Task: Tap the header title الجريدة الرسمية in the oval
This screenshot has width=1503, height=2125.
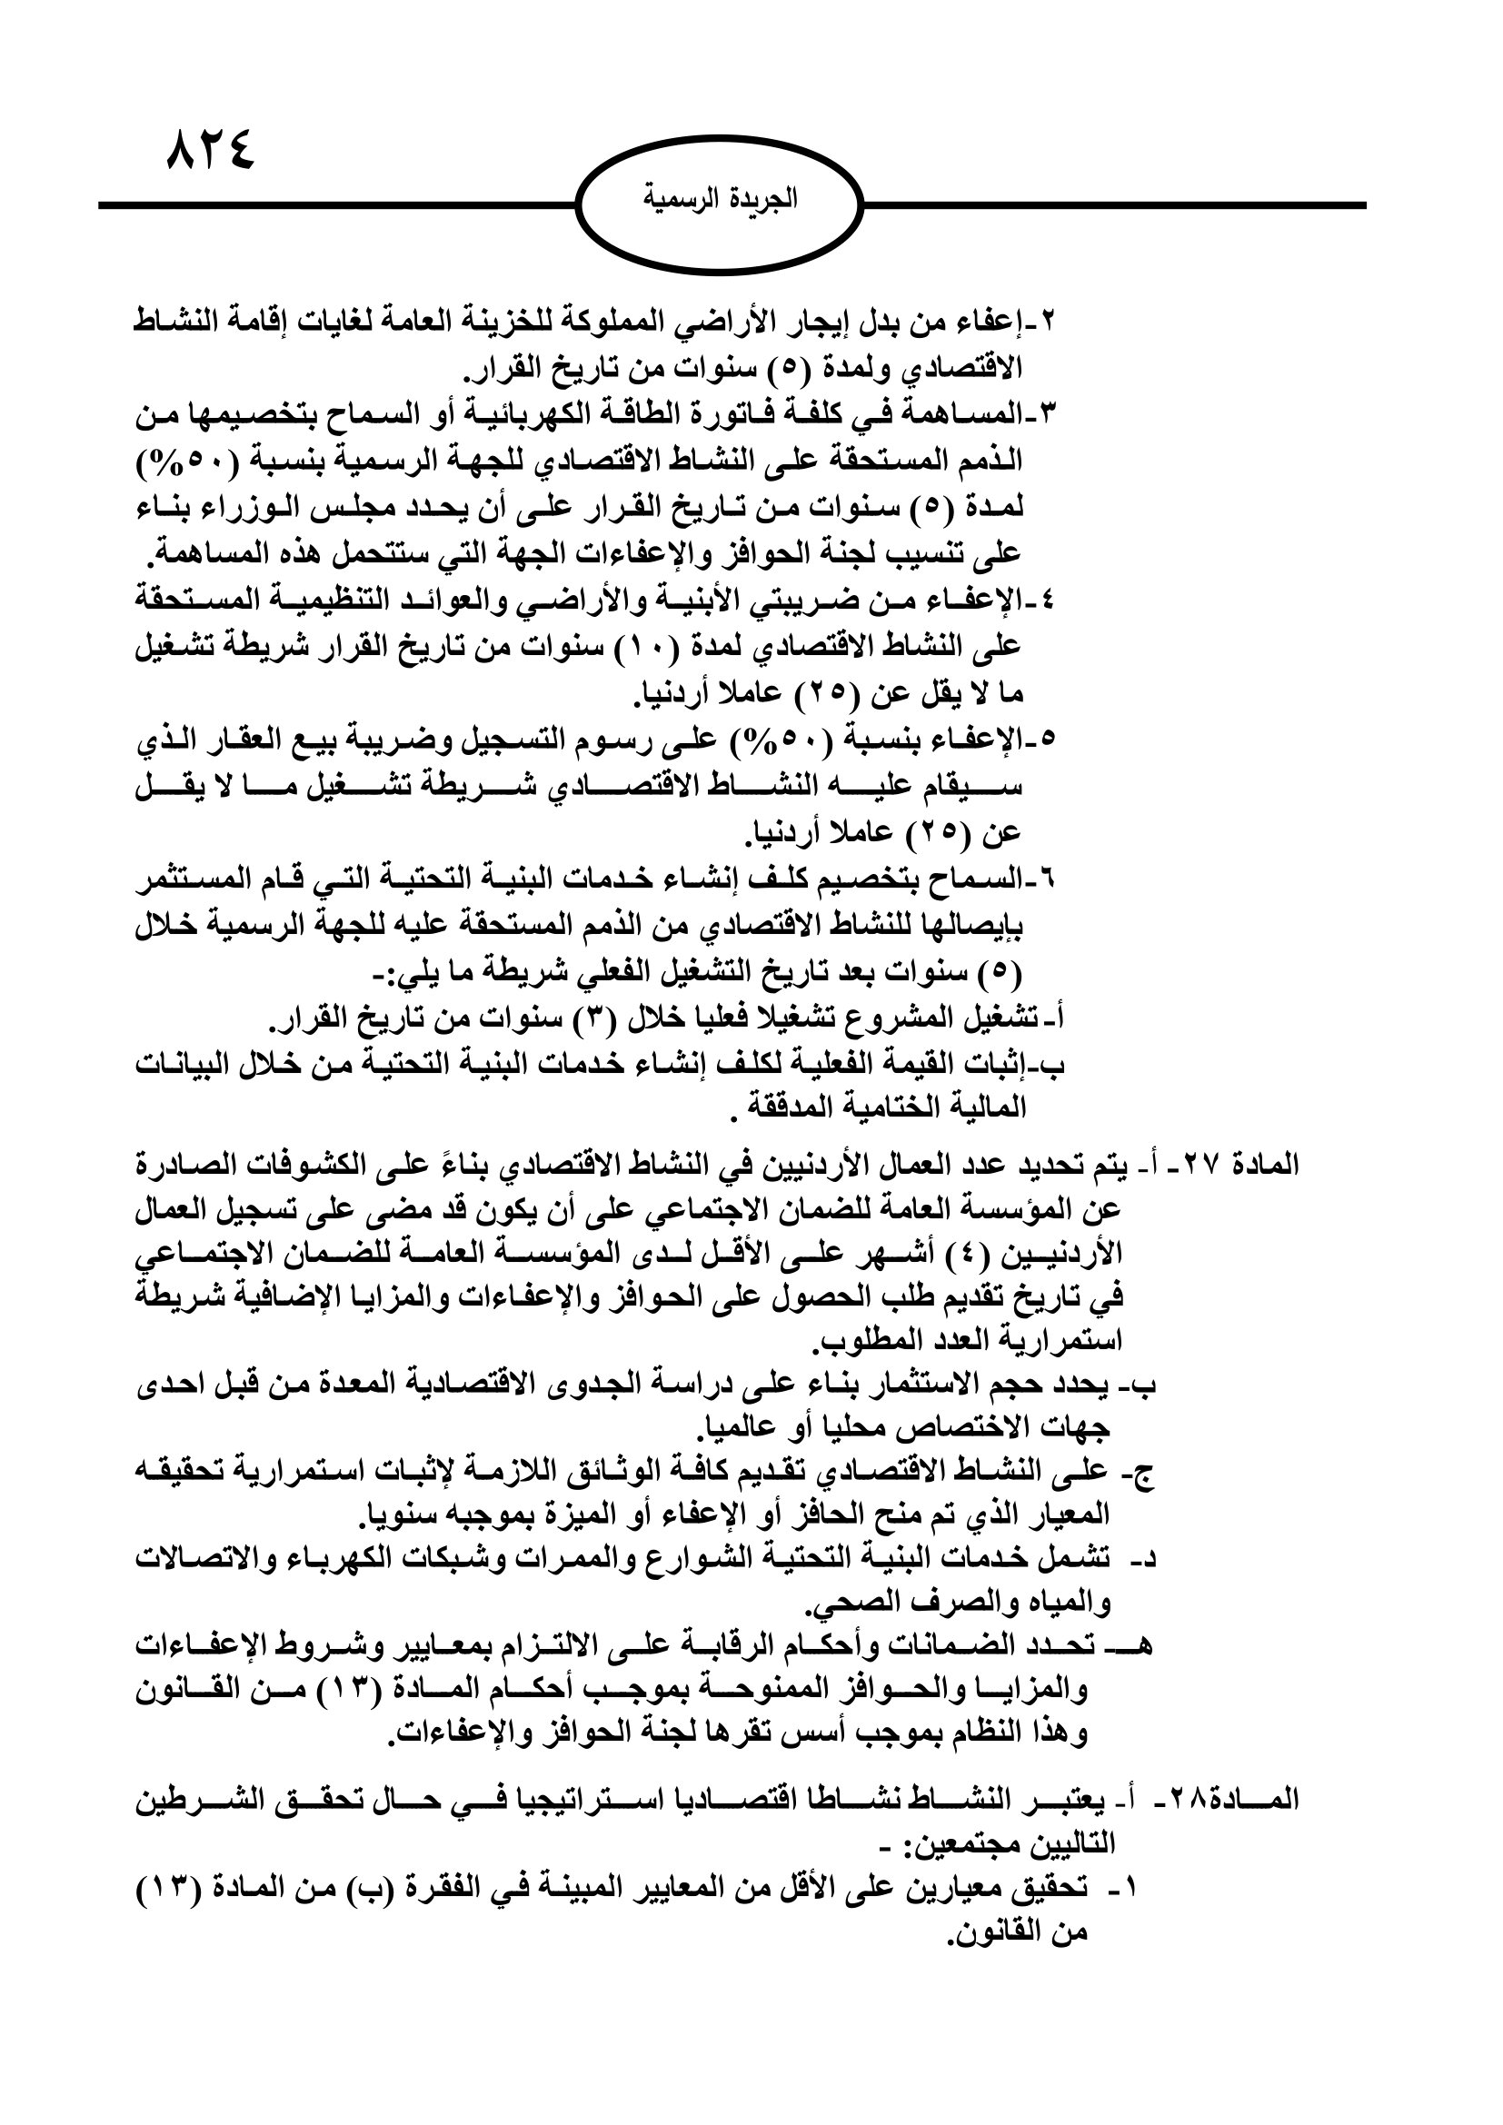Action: click(719, 198)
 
